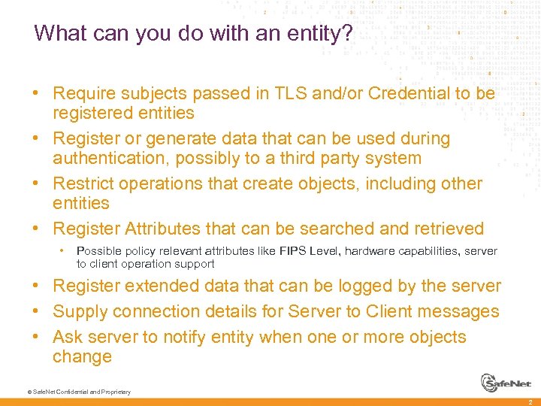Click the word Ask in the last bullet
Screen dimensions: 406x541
pos(68,337)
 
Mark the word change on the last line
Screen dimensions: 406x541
pos(82,356)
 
